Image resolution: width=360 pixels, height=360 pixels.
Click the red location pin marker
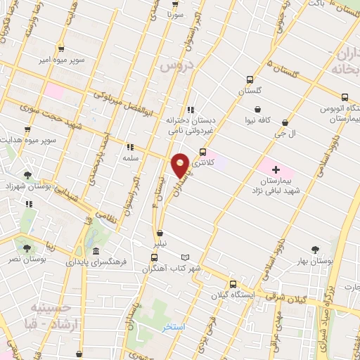coord(180,165)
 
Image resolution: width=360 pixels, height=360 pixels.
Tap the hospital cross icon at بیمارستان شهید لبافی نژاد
coord(276,169)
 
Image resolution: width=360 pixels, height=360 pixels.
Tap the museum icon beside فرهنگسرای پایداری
coord(95,251)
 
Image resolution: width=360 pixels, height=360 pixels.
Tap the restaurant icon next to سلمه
coord(129,147)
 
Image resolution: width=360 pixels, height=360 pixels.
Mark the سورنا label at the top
coord(174,13)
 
